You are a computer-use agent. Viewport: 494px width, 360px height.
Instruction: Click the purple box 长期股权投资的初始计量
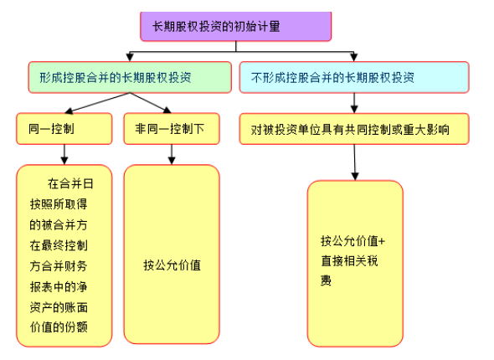click(235, 26)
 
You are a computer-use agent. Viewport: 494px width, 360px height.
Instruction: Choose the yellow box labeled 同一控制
click(63, 129)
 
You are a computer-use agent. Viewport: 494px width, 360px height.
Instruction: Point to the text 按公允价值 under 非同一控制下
click(172, 265)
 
